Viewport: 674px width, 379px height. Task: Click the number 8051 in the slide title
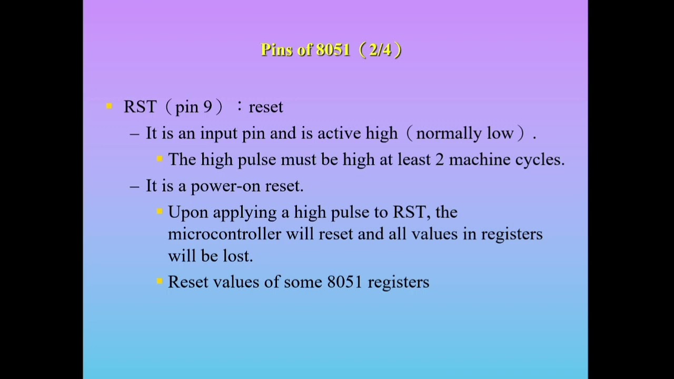tap(333, 50)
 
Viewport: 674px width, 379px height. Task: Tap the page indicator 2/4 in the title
tap(380, 50)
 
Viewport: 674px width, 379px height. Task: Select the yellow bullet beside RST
tap(110, 106)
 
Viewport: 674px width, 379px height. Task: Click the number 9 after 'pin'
tap(207, 107)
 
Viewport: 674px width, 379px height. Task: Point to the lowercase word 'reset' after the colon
tap(266, 107)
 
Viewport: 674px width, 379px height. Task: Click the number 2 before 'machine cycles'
tap(440, 159)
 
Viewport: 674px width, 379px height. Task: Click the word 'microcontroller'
tap(224, 234)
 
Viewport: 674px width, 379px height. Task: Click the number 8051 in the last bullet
tap(344, 282)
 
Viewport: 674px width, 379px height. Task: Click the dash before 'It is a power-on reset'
tap(135, 186)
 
